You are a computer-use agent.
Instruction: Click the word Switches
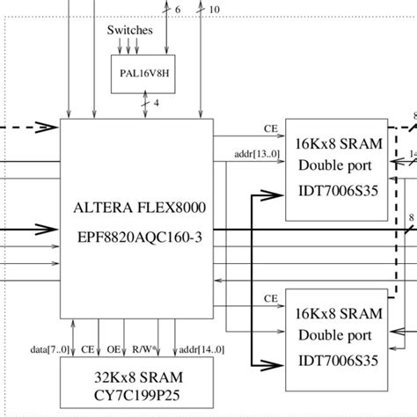point(130,30)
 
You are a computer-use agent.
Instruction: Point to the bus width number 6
point(179,10)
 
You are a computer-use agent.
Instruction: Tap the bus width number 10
point(216,10)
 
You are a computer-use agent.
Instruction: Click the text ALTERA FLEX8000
point(141,208)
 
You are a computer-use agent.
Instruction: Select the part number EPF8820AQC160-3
point(141,238)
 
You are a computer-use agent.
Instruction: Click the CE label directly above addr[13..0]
point(271,128)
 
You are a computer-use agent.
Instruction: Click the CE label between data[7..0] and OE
point(87,349)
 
